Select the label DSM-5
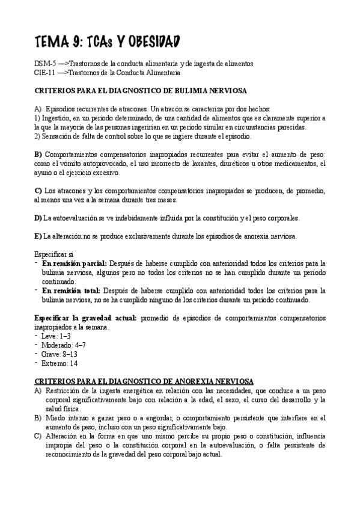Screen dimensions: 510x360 (46, 63)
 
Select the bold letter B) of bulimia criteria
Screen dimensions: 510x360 (38, 155)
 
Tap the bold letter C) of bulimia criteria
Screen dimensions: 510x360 (38, 191)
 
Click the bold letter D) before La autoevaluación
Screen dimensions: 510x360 (38, 218)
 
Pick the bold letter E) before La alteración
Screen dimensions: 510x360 (38, 236)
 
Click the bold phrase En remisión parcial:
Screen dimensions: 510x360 (75, 263)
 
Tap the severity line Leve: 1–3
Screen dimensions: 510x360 (56, 336)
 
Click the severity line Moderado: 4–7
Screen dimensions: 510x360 (64, 345)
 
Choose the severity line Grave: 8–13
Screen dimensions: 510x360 (59, 354)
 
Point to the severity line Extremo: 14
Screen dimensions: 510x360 (59, 363)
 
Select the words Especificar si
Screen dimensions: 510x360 (55, 254)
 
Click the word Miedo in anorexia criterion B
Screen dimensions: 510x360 (55, 418)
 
